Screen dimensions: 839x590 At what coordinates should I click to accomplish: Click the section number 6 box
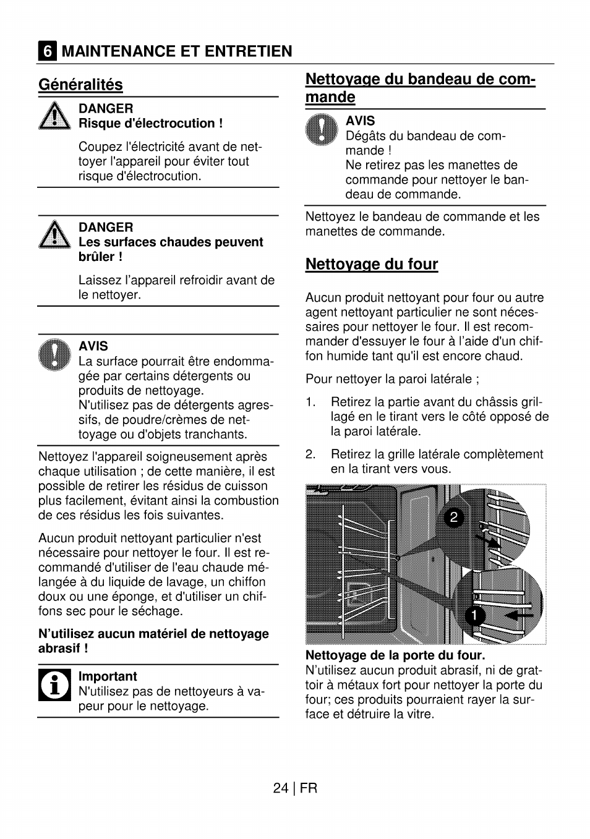tap(47, 51)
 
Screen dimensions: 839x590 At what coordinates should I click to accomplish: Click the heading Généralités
tap(80, 85)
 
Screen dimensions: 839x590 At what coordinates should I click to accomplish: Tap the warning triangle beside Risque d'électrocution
tap(55, 116)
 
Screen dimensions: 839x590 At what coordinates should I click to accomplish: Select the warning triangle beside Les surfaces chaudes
tap(55, 235)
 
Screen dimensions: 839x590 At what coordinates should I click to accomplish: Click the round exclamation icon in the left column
tap(55, 355)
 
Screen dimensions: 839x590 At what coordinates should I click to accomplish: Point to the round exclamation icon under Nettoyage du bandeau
tap(322, 130)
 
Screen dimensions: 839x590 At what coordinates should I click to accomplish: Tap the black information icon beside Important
tap(55, 684)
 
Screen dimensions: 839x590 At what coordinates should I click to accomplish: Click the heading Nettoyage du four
tap(372, 265)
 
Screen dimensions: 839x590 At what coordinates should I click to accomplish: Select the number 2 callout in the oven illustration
tap(453, 517)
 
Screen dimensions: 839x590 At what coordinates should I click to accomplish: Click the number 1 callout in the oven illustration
tap(475, 615)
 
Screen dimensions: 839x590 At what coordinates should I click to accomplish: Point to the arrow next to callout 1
tap(518, 616)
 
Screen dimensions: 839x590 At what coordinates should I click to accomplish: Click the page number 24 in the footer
tap(280, 788)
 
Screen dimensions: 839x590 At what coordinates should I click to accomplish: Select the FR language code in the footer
tap(309, 788)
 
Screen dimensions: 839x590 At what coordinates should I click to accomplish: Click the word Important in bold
tap(108, 676)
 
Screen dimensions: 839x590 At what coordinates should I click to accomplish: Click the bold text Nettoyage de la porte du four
tap(395, 655)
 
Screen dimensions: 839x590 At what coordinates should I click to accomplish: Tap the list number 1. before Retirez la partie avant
tap(310, 402)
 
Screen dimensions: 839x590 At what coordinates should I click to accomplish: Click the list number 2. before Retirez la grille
tap(310, 454)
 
